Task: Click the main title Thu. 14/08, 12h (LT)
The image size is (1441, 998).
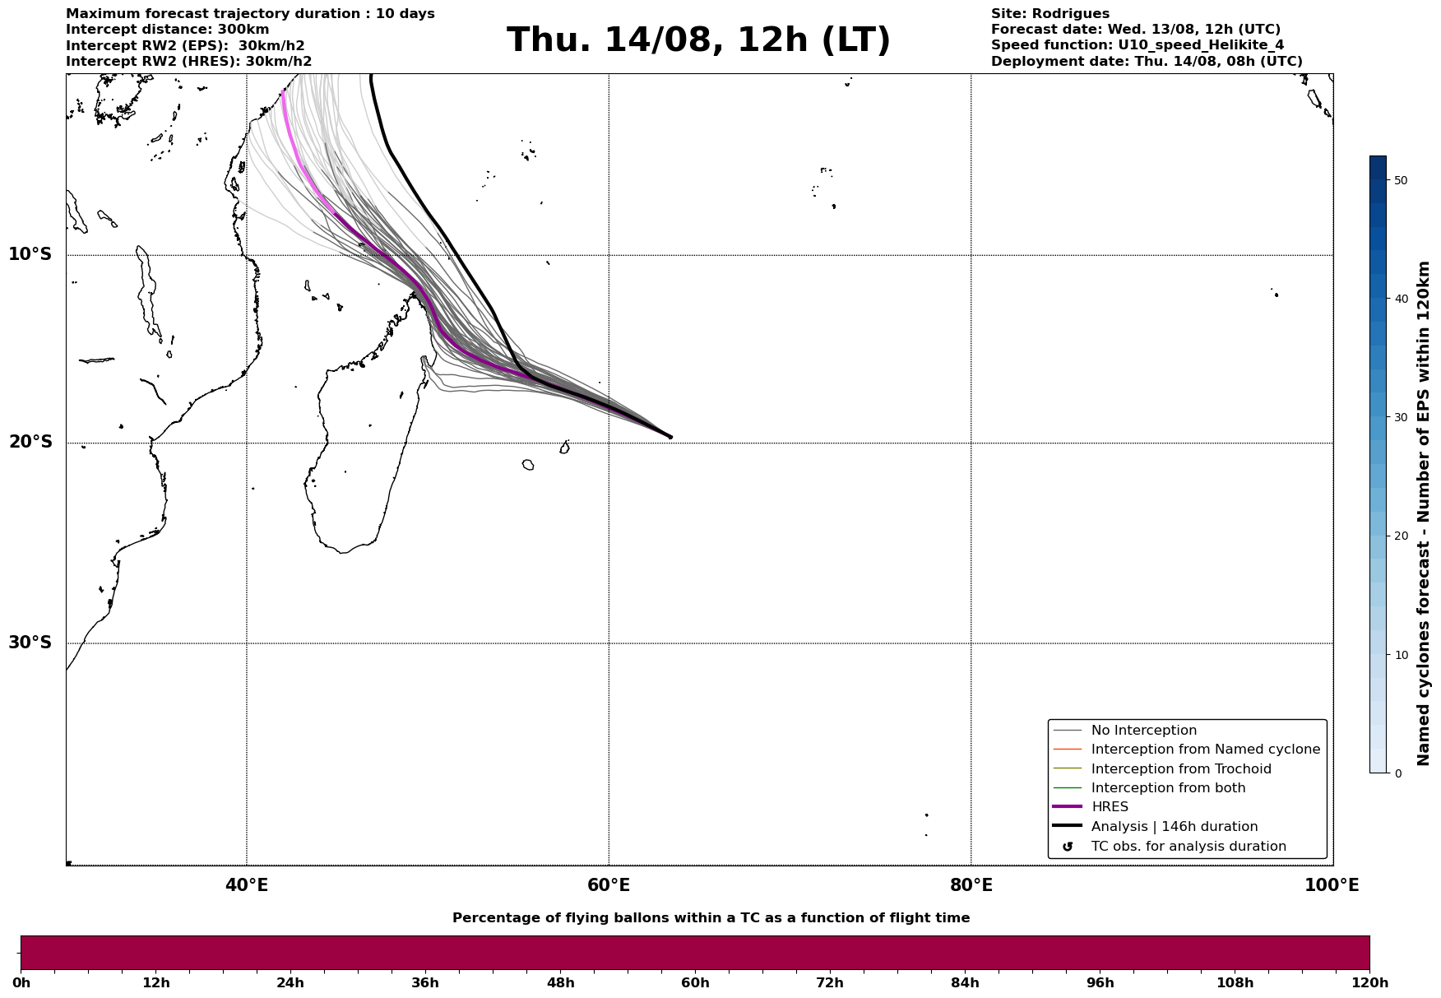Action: [x=698, y=40]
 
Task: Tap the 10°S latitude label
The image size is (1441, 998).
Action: [x=30, y=254]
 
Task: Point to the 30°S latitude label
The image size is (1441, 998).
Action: [x=30, y=643]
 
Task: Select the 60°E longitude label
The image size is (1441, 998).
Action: [x=609, y=885]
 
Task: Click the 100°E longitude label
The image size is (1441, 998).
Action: [x=1332, y=885]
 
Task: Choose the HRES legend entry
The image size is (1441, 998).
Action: [x=1110, y=807]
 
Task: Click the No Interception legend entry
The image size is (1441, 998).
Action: [x=1143, y=731]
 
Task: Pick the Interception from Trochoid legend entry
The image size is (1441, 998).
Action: [x=1180, y=769]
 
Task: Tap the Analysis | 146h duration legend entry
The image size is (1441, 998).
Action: [x=1174, y=827]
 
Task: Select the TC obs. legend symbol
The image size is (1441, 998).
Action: [x=1068, y=847]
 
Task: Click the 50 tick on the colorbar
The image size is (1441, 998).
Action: [x=1402, y=180]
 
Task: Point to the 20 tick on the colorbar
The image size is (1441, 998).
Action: [x=1402, y=536]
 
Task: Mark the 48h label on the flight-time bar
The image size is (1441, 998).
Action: [x=560, y=983]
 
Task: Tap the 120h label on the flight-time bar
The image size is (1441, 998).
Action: [x=1369, y=983]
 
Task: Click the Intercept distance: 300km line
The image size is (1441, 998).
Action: [x=167, y=30]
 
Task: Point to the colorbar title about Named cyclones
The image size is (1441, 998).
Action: [x=1424, y=513]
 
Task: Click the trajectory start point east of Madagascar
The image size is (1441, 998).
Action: [x=670, y=437]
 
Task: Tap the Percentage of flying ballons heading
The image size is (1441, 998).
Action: [x=711, y=918]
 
